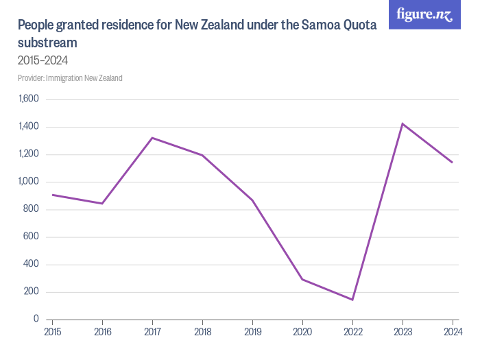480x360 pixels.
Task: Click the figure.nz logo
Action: [424, 14]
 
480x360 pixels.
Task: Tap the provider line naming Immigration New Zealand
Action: [70, 78]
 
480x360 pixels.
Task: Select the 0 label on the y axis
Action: [36, 320]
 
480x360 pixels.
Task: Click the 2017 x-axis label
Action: [152, 333]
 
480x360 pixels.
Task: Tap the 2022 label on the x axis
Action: [352, 333]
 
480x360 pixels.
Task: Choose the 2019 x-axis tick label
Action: [252, 333]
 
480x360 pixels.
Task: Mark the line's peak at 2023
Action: [403, 123]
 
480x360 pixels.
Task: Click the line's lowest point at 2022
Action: [352, 300]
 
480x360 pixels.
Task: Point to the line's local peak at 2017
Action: [152, 138]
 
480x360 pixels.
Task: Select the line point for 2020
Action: [302, 279]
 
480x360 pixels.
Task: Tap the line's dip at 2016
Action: [102, 204]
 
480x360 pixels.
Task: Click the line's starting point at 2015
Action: [52, 195]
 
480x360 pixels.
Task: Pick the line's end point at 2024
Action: [453, 163]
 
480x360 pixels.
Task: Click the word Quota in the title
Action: [357, 26]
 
